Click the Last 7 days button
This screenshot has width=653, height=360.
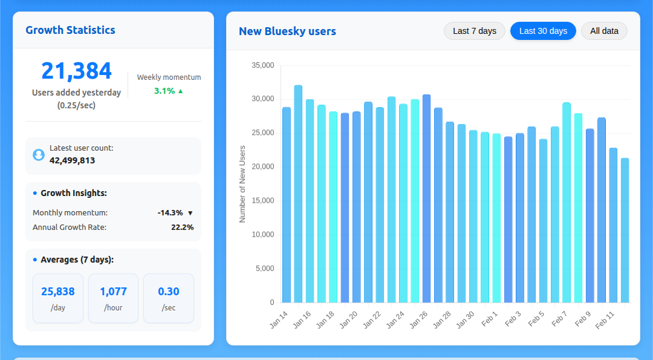tap(474, 31)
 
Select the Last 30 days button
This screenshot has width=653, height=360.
tap(543, 31)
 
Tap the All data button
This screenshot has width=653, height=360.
tap(604, 31)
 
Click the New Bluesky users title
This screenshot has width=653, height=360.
tap(287, 31)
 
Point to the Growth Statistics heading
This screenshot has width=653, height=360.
tap(70, 30)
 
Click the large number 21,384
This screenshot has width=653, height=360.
tap(76, 71)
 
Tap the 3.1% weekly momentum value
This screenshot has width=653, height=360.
tap(164, 91)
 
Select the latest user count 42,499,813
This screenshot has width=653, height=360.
tap(72, 160)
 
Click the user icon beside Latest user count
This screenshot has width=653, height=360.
tap(39, 155)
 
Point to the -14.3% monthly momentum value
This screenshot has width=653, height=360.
tap(170, 213)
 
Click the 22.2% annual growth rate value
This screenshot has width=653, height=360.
tap(182, 227)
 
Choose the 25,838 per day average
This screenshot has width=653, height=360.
tap(58, 292)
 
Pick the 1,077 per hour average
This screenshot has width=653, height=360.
tap(113, 292)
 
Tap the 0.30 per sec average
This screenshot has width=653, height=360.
tap(168, 292)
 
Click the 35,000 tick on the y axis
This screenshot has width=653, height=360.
tap(263, 65)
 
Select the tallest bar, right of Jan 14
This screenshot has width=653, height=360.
tap(298, 194)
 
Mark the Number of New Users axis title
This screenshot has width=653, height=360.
tap(242, 184)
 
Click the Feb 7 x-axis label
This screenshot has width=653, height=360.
tap(559, 319)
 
